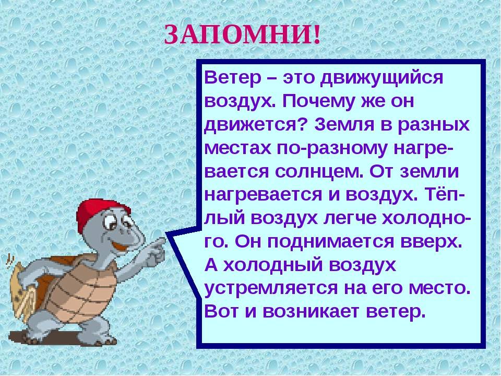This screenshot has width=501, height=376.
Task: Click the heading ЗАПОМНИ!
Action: (242, 34)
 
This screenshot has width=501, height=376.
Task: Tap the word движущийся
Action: (381, 78)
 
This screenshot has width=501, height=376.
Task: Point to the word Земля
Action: (344, 124)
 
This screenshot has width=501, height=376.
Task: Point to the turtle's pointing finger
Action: (159, 243)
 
